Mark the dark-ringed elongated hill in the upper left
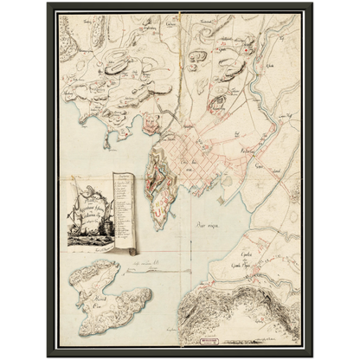tap(116, 62)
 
